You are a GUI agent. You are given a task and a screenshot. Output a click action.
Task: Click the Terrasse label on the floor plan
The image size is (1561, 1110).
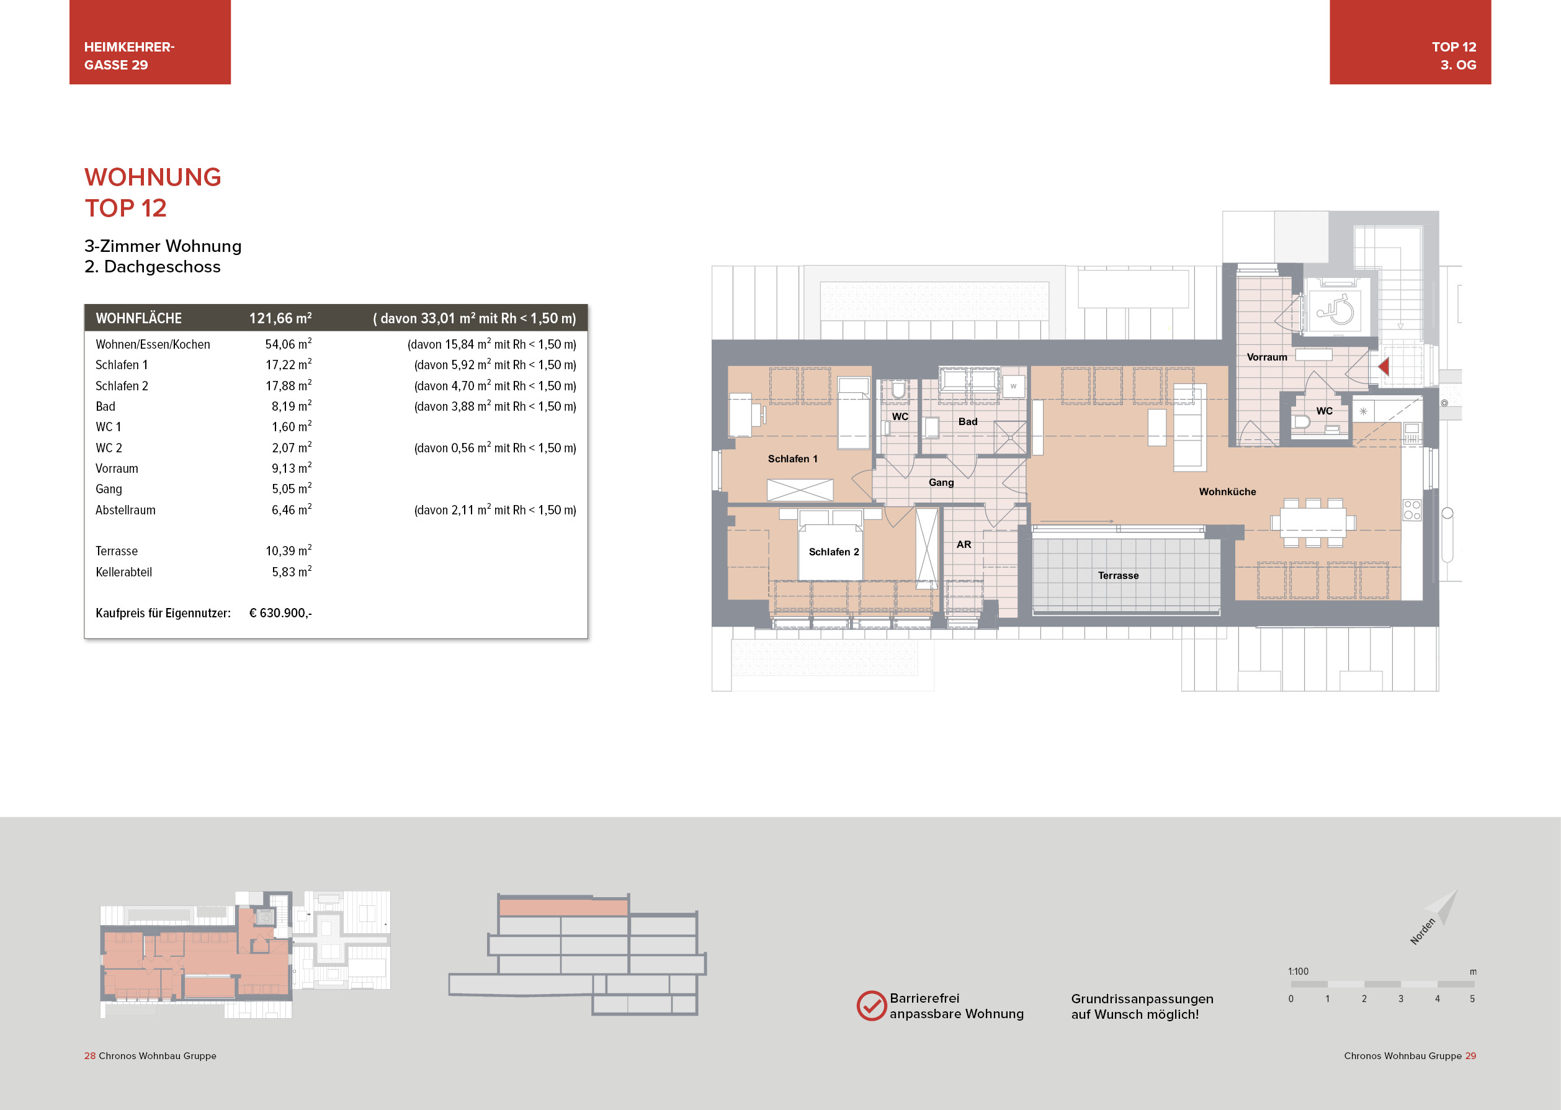click(x=1118, y=576)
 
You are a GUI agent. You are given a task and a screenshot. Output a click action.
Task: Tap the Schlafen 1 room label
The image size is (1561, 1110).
click(x=792, y=459)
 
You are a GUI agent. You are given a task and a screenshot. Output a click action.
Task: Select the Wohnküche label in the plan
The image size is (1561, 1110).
click(x=1227, y=491)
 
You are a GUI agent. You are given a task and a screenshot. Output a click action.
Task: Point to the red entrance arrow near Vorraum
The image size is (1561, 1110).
click(x=1384, y=366)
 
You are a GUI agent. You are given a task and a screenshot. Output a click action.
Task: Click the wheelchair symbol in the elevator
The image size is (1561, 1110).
click(x=1335, y=310)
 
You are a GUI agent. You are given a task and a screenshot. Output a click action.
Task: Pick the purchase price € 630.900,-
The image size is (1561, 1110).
click(x=280, y=613)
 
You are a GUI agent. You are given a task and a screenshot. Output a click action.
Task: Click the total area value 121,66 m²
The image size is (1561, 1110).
click(x=280, y=318)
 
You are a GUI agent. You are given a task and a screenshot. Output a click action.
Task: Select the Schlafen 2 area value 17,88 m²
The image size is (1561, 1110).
click(x=288, y=385)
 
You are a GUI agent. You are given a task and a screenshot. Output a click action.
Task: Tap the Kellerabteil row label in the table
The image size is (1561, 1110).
click(x=123, y=572)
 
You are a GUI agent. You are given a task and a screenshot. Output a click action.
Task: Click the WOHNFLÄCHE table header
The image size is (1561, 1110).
click(x=139, y=318)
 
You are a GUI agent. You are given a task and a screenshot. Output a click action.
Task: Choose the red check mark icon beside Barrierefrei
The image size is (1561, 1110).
click(x=872, y=1006)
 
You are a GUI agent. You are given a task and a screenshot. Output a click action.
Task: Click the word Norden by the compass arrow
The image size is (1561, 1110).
click(x=1422, y=931)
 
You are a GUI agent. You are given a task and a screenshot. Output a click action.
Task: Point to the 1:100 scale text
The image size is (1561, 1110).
click(x=1298, y=971)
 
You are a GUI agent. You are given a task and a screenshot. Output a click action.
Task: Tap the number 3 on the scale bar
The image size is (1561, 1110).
click(x=1400, y=998)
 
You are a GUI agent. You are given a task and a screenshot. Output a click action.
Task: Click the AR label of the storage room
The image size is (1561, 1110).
click(x=964, y=544)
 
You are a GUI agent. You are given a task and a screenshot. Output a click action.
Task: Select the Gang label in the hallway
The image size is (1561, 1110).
click(x=941, y=483)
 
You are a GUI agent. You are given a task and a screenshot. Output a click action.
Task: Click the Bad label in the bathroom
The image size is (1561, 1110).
click(x=968, y=422)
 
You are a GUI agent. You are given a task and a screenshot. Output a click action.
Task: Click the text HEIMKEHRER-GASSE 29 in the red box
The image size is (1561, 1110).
click(x=129, y=56)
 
